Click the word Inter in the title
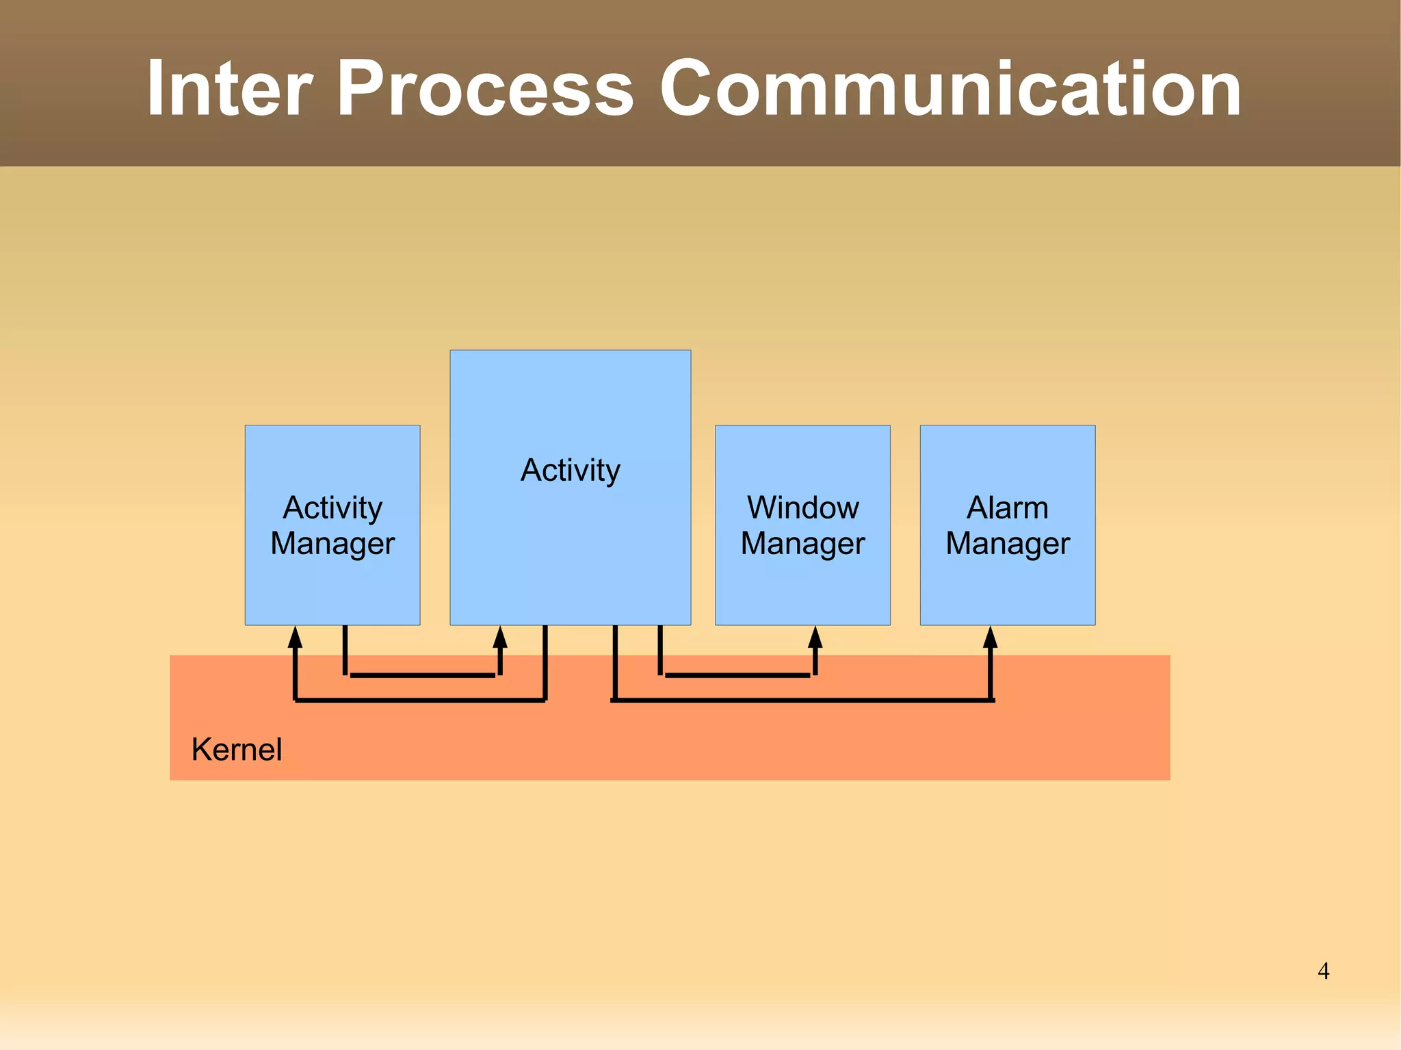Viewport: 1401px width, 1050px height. click(x=229, y=89)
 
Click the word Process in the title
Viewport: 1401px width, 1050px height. click(x=485, y=89)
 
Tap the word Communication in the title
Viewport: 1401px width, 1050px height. click(x=950, y=89)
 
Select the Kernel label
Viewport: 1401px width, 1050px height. click(x=236, y=750)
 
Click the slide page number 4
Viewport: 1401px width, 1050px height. click(x=1323, y=971)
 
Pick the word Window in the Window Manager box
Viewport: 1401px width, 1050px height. click(x=802, y=508)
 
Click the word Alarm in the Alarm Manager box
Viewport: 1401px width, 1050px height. click(x=1007, y=508)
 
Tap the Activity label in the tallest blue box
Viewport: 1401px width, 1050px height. click(x=570, y=471)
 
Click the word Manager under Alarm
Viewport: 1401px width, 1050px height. click(x=1007, y=544)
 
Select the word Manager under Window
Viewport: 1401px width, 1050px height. click(x=802, y=544)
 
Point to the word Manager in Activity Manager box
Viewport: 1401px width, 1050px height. click(x=332, y=544)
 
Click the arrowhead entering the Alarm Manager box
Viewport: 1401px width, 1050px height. click(x=990, y=638)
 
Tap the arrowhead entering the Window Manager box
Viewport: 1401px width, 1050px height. click(x=815, y=638)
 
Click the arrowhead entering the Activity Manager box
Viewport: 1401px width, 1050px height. click(x=295, y=638)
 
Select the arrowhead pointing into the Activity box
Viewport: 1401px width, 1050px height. click(x=500, y=638)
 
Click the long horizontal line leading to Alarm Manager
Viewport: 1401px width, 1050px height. click(x=800, y=700)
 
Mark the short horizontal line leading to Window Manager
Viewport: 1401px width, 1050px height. click(x=737, y=675)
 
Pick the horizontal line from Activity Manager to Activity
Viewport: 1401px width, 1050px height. click(x=422, y=675)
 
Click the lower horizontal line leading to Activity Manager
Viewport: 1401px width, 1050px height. click(x=420, y=700)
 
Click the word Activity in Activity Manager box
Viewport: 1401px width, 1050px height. click(x=332, y=508)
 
